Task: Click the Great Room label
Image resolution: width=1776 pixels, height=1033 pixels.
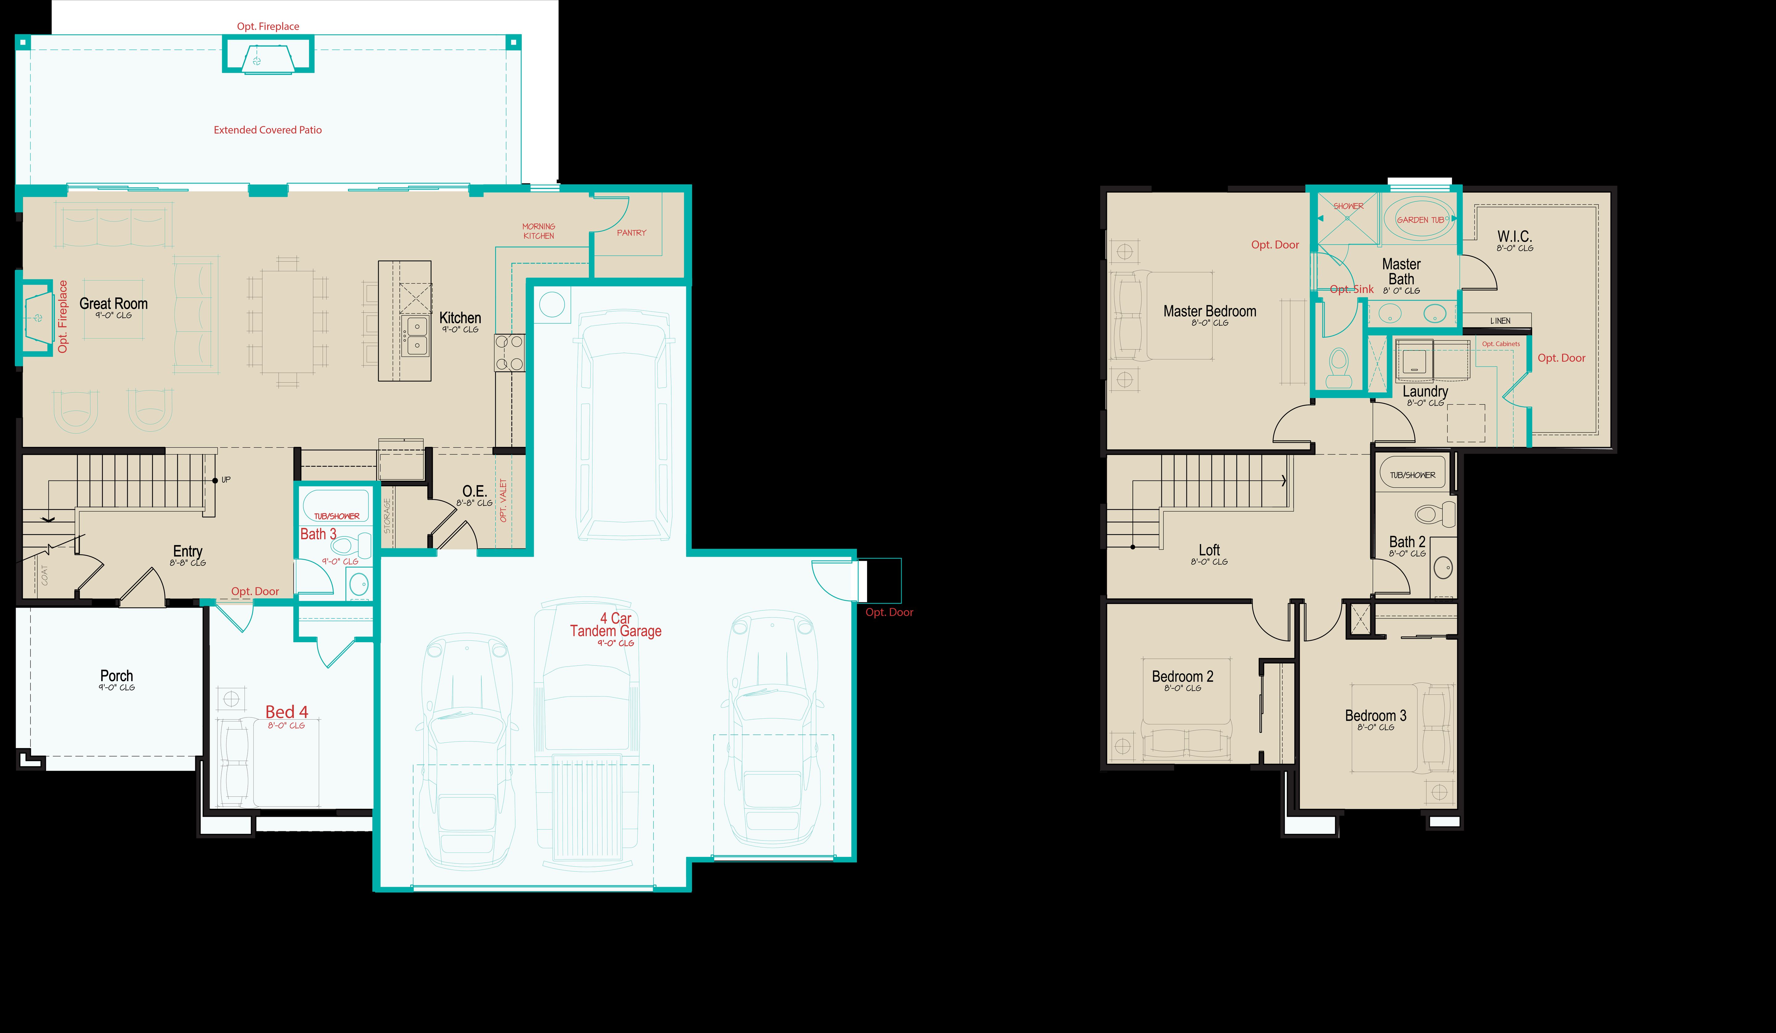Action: point(113,304)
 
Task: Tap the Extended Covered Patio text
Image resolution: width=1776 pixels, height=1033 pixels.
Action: point(268,130)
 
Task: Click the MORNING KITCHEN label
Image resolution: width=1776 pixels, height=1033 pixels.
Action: point(538,231)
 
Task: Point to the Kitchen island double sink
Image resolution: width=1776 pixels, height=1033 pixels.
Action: point(417,336)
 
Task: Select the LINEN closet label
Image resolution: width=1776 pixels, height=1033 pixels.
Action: point(1500,321)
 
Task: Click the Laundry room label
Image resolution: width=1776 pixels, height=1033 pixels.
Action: point(1425,391)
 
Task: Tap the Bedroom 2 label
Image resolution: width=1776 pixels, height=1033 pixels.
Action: point(1182,676)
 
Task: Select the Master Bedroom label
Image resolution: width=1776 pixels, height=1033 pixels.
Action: point(1209,311)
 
